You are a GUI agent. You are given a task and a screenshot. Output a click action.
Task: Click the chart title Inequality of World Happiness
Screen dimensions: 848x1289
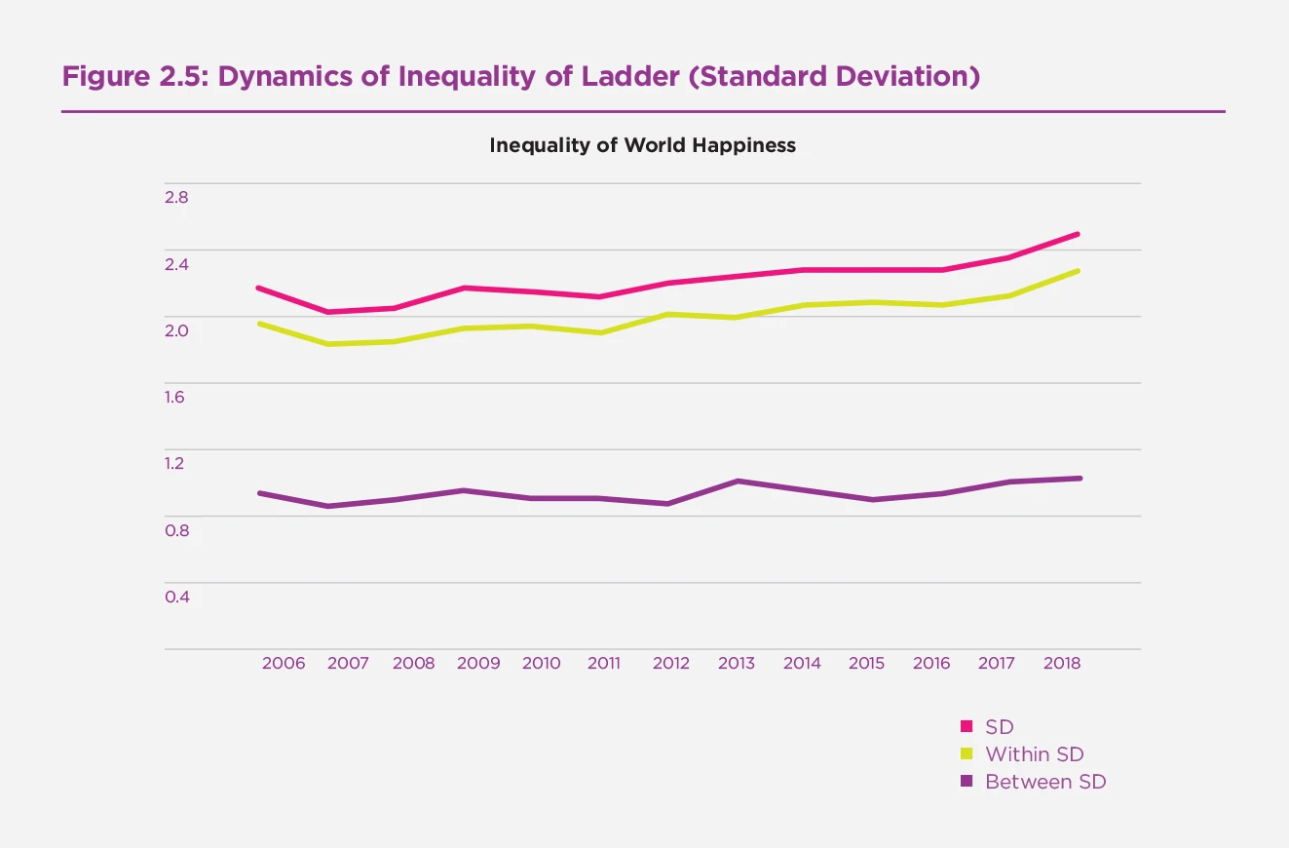(642, 145)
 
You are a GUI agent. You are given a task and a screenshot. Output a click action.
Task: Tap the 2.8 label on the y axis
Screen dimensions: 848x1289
(176, 197)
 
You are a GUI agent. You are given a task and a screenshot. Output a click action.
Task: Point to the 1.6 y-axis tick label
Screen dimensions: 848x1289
(176, 397)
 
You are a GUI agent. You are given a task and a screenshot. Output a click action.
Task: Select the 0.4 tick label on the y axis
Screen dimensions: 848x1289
(176, 597)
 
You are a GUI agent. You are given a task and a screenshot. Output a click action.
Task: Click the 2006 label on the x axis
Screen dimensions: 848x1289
(284, 663)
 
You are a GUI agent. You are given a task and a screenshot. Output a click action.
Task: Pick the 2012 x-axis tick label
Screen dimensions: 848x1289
(670, 663)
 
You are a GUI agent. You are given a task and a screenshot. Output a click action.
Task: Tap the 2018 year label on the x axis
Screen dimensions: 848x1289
(1062, 663)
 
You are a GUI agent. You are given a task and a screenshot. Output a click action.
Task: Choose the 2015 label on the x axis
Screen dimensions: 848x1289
(866, 663)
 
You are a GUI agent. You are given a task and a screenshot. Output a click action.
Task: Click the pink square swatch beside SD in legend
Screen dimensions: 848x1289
(967, 726)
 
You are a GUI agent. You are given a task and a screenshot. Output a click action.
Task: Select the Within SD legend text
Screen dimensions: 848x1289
(1034, 754)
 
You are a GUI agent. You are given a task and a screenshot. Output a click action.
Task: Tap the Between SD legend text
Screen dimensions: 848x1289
(1045, 782)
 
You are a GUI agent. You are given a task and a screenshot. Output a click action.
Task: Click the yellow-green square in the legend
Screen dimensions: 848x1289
(967, 754)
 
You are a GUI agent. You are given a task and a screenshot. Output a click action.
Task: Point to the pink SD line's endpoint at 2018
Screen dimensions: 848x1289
(1079, 234)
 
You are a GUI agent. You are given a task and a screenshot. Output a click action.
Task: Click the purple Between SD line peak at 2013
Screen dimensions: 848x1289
(738, 481)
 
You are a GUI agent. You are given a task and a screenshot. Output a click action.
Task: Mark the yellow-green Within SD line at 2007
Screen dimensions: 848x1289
(328, 344)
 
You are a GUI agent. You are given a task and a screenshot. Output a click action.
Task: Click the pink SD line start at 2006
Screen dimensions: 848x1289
(258, 288)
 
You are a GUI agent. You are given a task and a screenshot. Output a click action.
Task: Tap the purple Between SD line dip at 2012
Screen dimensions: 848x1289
(667, 504)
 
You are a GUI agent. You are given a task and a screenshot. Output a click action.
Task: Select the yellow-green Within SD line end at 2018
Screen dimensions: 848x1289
(1079, 270)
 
